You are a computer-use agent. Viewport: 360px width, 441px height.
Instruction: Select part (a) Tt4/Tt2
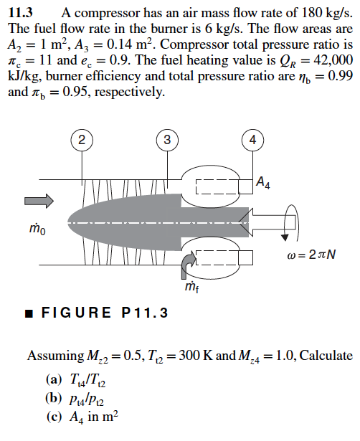(x=75, y=379)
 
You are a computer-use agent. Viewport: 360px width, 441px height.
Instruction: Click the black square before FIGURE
(x=27, y=314)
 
